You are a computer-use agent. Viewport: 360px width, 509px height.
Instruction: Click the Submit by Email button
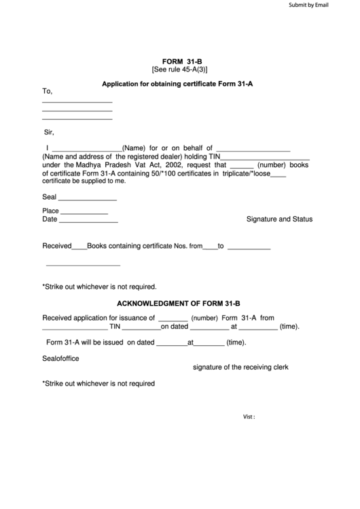[x=308, y=5]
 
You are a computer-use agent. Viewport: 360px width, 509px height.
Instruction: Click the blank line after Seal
[x=88, y=199]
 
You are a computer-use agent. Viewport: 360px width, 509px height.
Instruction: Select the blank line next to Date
[x=89, y=221]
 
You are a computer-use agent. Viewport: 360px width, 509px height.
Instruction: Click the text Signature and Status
[x=279, y=220]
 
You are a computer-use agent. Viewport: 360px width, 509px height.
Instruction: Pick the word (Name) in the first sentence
[x=134, y=147]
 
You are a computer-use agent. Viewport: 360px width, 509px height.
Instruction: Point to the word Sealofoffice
[x=60, y=358]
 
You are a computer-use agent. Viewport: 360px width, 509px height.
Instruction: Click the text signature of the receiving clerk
[x=241, y=367]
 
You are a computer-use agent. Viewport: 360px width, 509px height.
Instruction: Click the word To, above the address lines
[x=48, y=91]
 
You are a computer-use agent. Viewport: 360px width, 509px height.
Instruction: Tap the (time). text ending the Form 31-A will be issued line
[x=236, y=343]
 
